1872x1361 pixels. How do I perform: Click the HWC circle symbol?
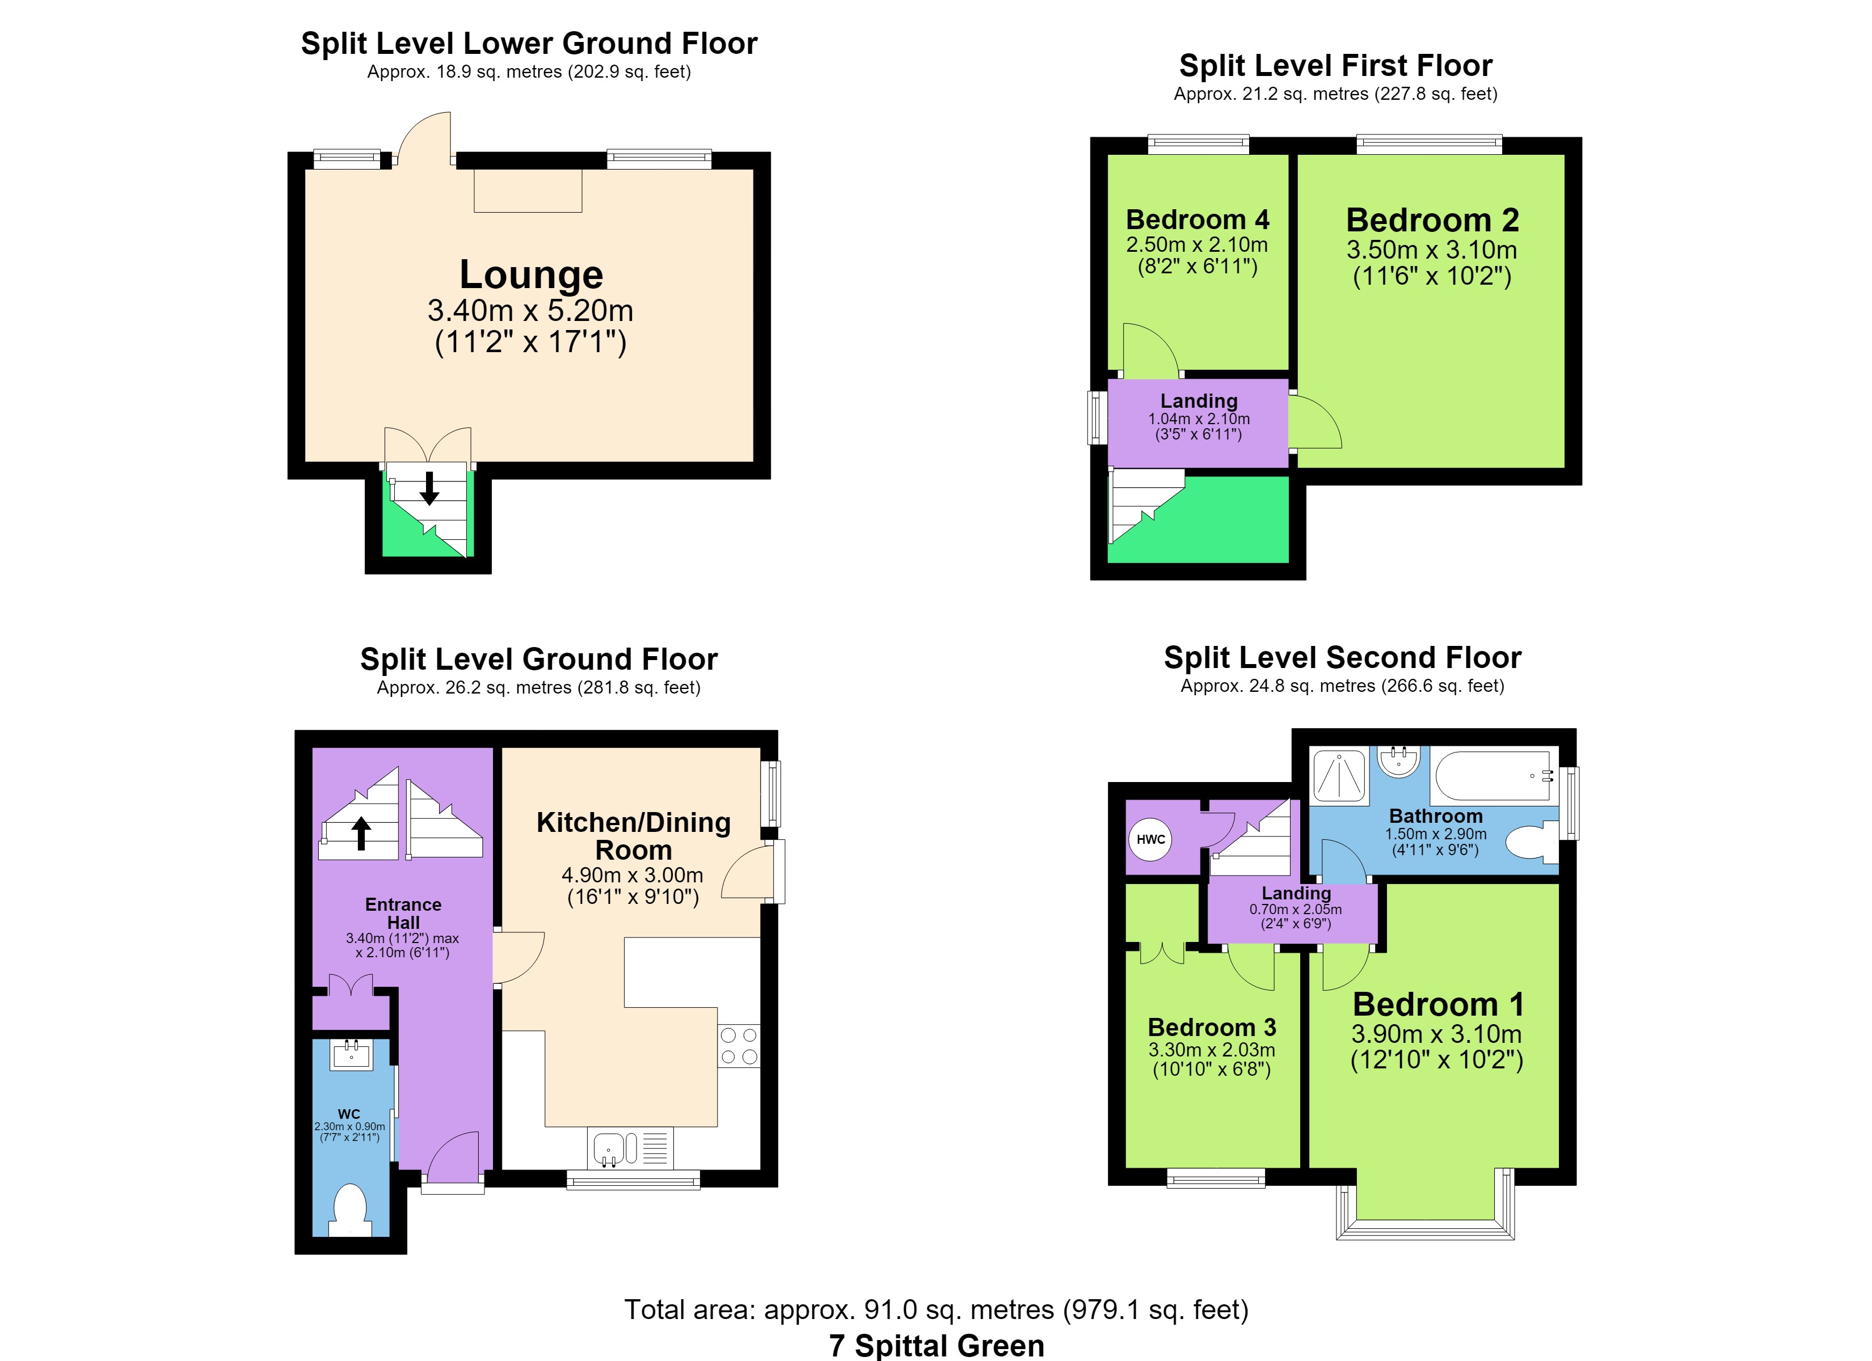1150,839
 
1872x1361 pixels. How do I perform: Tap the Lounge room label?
531,274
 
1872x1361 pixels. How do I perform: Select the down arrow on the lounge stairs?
429,488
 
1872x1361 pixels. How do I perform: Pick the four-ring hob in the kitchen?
739,1046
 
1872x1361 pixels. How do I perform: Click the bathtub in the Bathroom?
1494,775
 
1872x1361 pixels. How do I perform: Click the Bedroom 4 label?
1198,219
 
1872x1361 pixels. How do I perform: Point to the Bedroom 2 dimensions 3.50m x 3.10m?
1432,250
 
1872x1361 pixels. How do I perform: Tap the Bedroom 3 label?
1212,1027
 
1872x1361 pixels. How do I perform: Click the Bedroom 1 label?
1438,1004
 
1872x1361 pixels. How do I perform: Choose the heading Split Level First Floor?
1335,65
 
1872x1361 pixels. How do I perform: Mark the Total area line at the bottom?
936,1310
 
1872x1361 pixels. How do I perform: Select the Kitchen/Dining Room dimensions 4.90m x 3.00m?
633,875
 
